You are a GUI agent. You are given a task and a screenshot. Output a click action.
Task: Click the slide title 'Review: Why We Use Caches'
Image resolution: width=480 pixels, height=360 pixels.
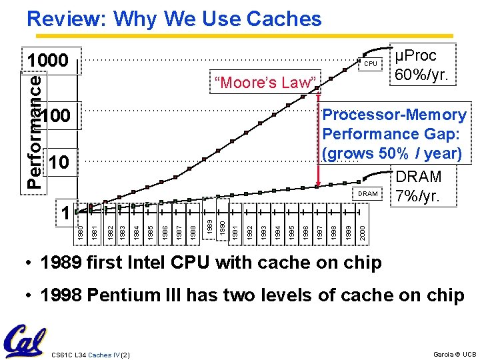click(x=174, y=19)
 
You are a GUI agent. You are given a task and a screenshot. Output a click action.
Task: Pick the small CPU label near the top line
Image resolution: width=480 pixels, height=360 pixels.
click(x=370, y=64)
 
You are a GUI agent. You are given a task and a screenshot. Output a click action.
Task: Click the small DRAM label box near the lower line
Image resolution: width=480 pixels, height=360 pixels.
click(x=368, y=194)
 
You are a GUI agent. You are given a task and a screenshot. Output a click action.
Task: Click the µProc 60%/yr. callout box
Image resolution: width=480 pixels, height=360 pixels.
click(x=423, y=65)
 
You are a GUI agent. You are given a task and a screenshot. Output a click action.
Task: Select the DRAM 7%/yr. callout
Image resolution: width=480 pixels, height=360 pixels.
click(x=418, y=187)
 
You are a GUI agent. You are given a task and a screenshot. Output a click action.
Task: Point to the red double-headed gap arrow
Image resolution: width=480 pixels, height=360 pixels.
click(x=319, y=139)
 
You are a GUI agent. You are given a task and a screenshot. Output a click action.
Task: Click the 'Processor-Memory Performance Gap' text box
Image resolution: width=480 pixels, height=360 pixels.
click(x=393, y=134)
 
